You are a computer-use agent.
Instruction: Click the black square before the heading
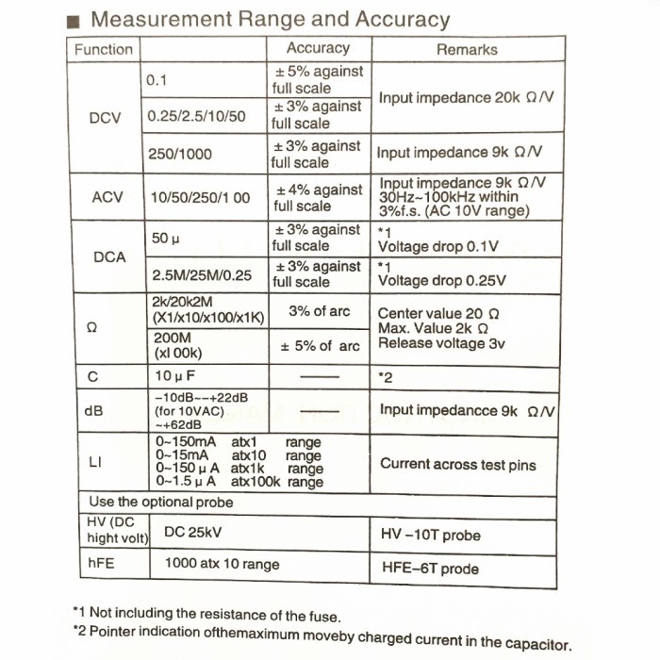pyautogui.click(x=76, y=21)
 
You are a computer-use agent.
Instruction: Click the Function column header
pyautogui.click(x=104, y=49)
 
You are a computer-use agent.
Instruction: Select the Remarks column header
pyautogui.click(x=466, y=49)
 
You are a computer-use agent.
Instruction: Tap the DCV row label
pyautogui.click(x=105, y=118)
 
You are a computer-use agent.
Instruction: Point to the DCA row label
pyautogui.click(x=108, y=256)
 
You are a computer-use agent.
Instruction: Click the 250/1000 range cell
pyautogui.click(x=180, y=154)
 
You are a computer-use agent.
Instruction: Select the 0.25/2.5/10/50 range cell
pyautogui.click(x=196, y=117)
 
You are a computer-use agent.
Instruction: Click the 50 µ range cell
pyautogui.click(x=166, y=238)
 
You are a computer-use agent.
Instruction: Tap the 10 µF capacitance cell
pyautogui.click(x=175, y=377)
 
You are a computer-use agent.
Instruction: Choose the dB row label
pyautogui.click(x=94, y=411)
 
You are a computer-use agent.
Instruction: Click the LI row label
pyautogui.click(x=95, y=462)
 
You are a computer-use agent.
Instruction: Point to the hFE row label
pyautogui.click(x=101, y=564)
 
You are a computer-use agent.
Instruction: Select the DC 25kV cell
pyautogui.click(x=192, y=532)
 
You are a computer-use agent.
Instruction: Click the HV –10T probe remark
pyautogui.click(x=430, y=535)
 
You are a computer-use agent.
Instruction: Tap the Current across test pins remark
pyautogui.click(x=457, y=463)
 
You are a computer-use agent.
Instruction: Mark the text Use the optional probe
pyautogui.click(x=160, y=502)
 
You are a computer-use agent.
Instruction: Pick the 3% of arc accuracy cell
pyautogui.click(x=319, y=312)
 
